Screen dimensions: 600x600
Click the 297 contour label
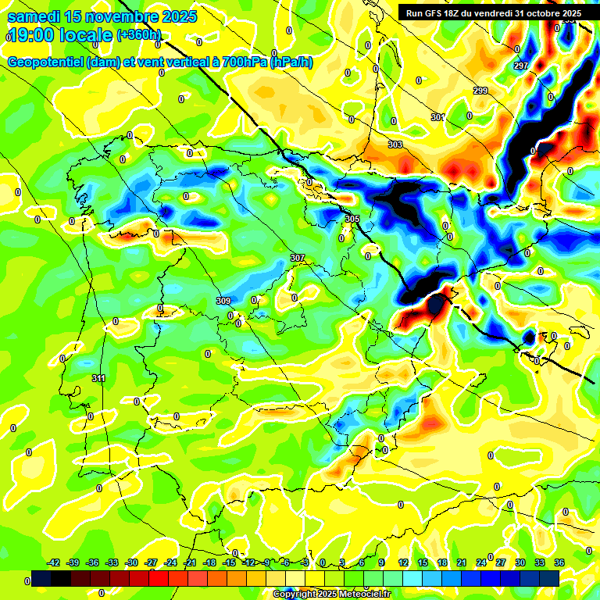point(521,66)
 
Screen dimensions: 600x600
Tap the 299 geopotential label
point(480,91)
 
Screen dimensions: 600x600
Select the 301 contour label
point(437,117)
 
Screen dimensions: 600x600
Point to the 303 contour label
point(395,145)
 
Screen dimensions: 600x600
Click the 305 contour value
point(352,220)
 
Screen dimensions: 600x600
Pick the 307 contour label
point(297,258)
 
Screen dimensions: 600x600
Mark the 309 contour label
point(223,301)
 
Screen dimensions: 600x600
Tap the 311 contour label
point(98,379)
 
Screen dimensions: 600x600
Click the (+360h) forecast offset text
point(139,35)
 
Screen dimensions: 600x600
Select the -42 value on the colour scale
point(54,562)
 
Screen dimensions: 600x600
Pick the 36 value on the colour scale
point(559,562)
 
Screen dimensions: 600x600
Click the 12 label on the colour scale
point(403,562)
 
